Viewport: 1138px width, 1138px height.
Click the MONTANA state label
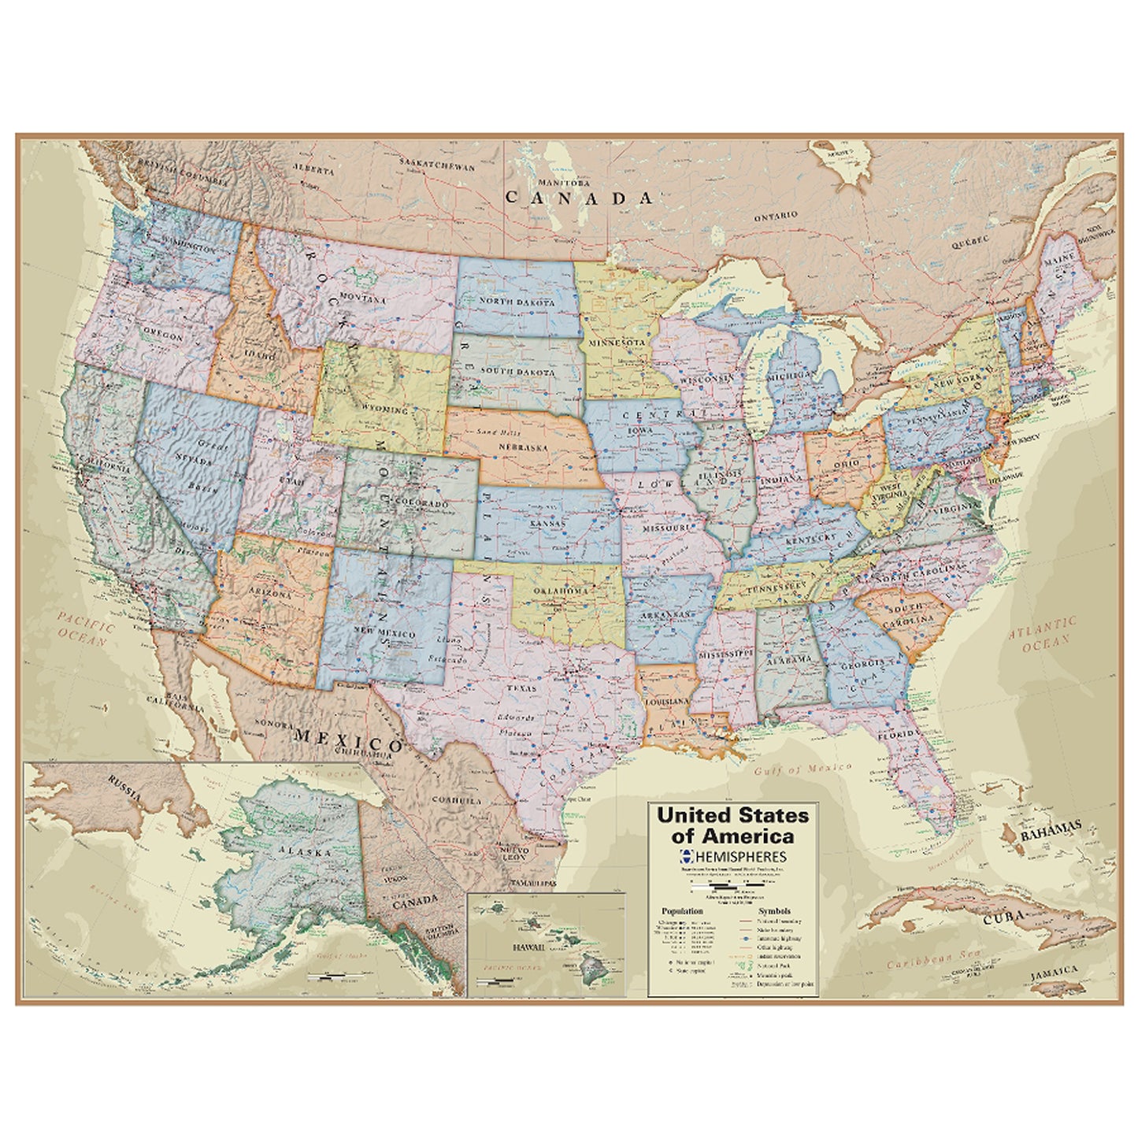tap(363, 300)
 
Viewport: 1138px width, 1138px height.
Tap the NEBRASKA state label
tap(523, 447)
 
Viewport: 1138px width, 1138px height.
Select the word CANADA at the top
tap(579, 198)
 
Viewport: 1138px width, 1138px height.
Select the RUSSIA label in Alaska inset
tap(125, 786)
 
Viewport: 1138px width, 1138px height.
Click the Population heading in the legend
tap(682, 910)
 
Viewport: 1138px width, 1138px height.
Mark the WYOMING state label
tap(385, 410)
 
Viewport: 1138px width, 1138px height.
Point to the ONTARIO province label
tap(776, 215)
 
